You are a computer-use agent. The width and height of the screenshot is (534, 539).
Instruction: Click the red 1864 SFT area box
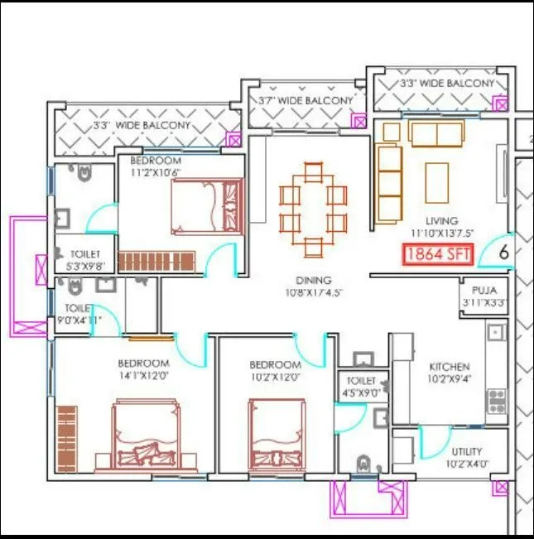tap(438, 255)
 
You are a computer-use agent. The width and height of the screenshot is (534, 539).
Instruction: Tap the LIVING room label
tap(441, 221)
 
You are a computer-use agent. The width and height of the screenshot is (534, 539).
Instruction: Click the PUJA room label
tap(483, 291)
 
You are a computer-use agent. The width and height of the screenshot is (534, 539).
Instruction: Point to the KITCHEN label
tap(449, 366)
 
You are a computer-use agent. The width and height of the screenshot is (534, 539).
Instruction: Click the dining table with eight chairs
tap(312, 209)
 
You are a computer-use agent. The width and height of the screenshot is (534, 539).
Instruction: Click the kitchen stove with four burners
tap(497, 401)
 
